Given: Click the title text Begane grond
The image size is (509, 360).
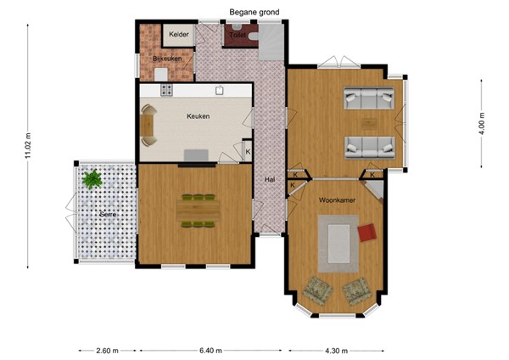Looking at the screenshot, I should (254, 12).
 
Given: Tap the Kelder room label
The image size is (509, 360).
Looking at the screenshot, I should (178, 34).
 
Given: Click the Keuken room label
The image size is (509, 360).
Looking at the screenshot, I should (199, 116).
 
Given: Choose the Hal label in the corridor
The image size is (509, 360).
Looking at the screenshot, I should (270, 179).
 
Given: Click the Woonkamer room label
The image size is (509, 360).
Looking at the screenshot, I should (336, 200).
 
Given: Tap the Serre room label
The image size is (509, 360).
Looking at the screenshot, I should (108, 214).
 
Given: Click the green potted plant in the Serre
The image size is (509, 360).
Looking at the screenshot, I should (92, 179).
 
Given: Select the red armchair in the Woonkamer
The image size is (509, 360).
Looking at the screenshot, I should (366, 232).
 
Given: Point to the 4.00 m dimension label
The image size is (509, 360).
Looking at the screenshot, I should (481, 124).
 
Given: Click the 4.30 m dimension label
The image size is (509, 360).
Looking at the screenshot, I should (336, 350).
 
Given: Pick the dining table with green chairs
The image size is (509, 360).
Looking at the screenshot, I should (198, 211).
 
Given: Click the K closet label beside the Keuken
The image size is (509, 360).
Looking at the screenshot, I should (248, 152).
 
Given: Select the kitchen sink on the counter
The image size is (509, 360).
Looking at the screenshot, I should (219, 89).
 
